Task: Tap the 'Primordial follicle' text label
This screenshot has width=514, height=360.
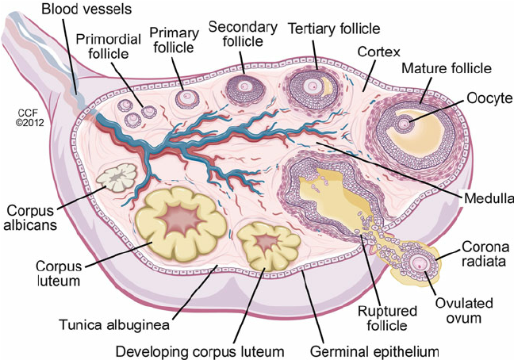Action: point(110,46)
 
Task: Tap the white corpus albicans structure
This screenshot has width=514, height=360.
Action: point(117,178)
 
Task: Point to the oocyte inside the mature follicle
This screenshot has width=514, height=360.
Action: point(405,124)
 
